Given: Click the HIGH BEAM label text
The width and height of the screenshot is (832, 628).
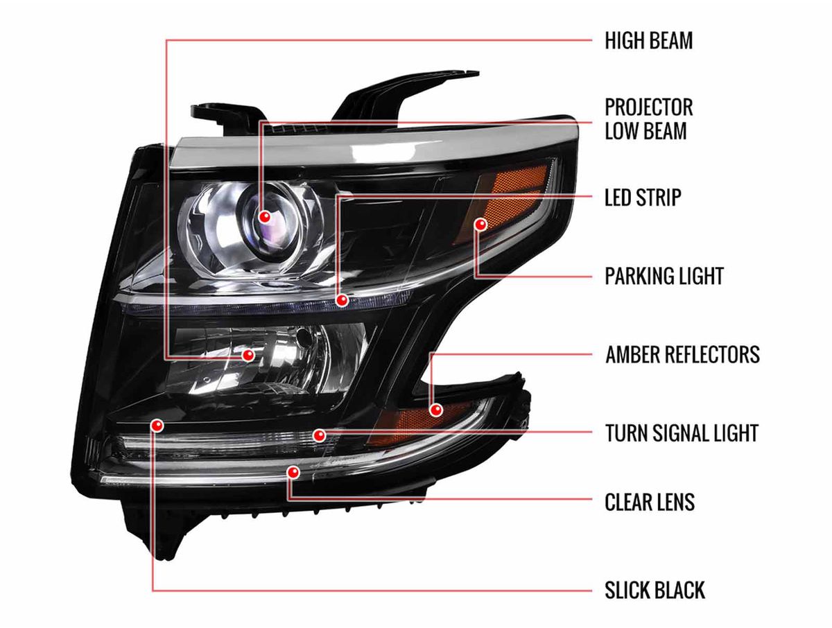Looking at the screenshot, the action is point(648,40).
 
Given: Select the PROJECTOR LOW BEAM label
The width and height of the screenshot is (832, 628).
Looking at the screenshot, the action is point(648,119).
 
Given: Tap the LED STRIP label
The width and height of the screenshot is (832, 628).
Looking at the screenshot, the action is point(643,197).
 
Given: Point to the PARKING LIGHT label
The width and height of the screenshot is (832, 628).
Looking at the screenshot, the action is point(664,276).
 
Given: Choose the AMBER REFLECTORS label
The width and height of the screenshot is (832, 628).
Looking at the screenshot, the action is point(682,354).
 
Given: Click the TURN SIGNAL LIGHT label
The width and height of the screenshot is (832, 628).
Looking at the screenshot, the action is point(682,433).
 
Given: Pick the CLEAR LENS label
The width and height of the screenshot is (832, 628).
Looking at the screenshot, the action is point(650,503).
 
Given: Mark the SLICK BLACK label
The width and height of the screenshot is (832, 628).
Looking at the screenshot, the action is point(655,590).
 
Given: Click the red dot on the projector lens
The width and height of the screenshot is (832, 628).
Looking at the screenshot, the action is point(265,217).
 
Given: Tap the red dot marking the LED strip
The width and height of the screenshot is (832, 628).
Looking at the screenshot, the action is point(343,300).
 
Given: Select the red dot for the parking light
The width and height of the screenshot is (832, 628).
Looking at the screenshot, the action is point(480,225).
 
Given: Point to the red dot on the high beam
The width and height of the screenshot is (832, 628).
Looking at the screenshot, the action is point(248,355).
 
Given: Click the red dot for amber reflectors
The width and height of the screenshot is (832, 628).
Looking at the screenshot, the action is point(436,410).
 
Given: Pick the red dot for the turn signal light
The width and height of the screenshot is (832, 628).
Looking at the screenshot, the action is point(320,435).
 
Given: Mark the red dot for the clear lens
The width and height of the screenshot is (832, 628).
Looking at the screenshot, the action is point(293,472).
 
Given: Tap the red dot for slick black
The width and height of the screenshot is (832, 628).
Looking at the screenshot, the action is point(157,426).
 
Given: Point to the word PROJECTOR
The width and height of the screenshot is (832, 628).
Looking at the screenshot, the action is point(648,107).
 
